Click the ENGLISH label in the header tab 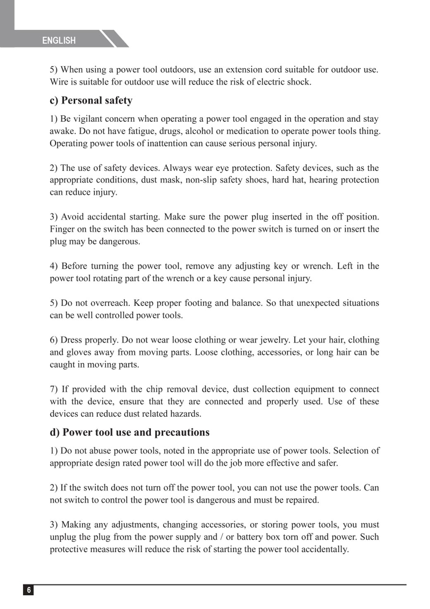click(x=59, y=40)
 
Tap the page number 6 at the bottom click(x=29, y=590)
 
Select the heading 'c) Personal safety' click(x=91, y=100)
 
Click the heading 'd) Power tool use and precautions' click(x=129, y=432)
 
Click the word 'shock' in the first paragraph click(x=298, y=82)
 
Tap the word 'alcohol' click(x=199, y=131)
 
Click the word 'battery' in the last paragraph click(x=251, y=537)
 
